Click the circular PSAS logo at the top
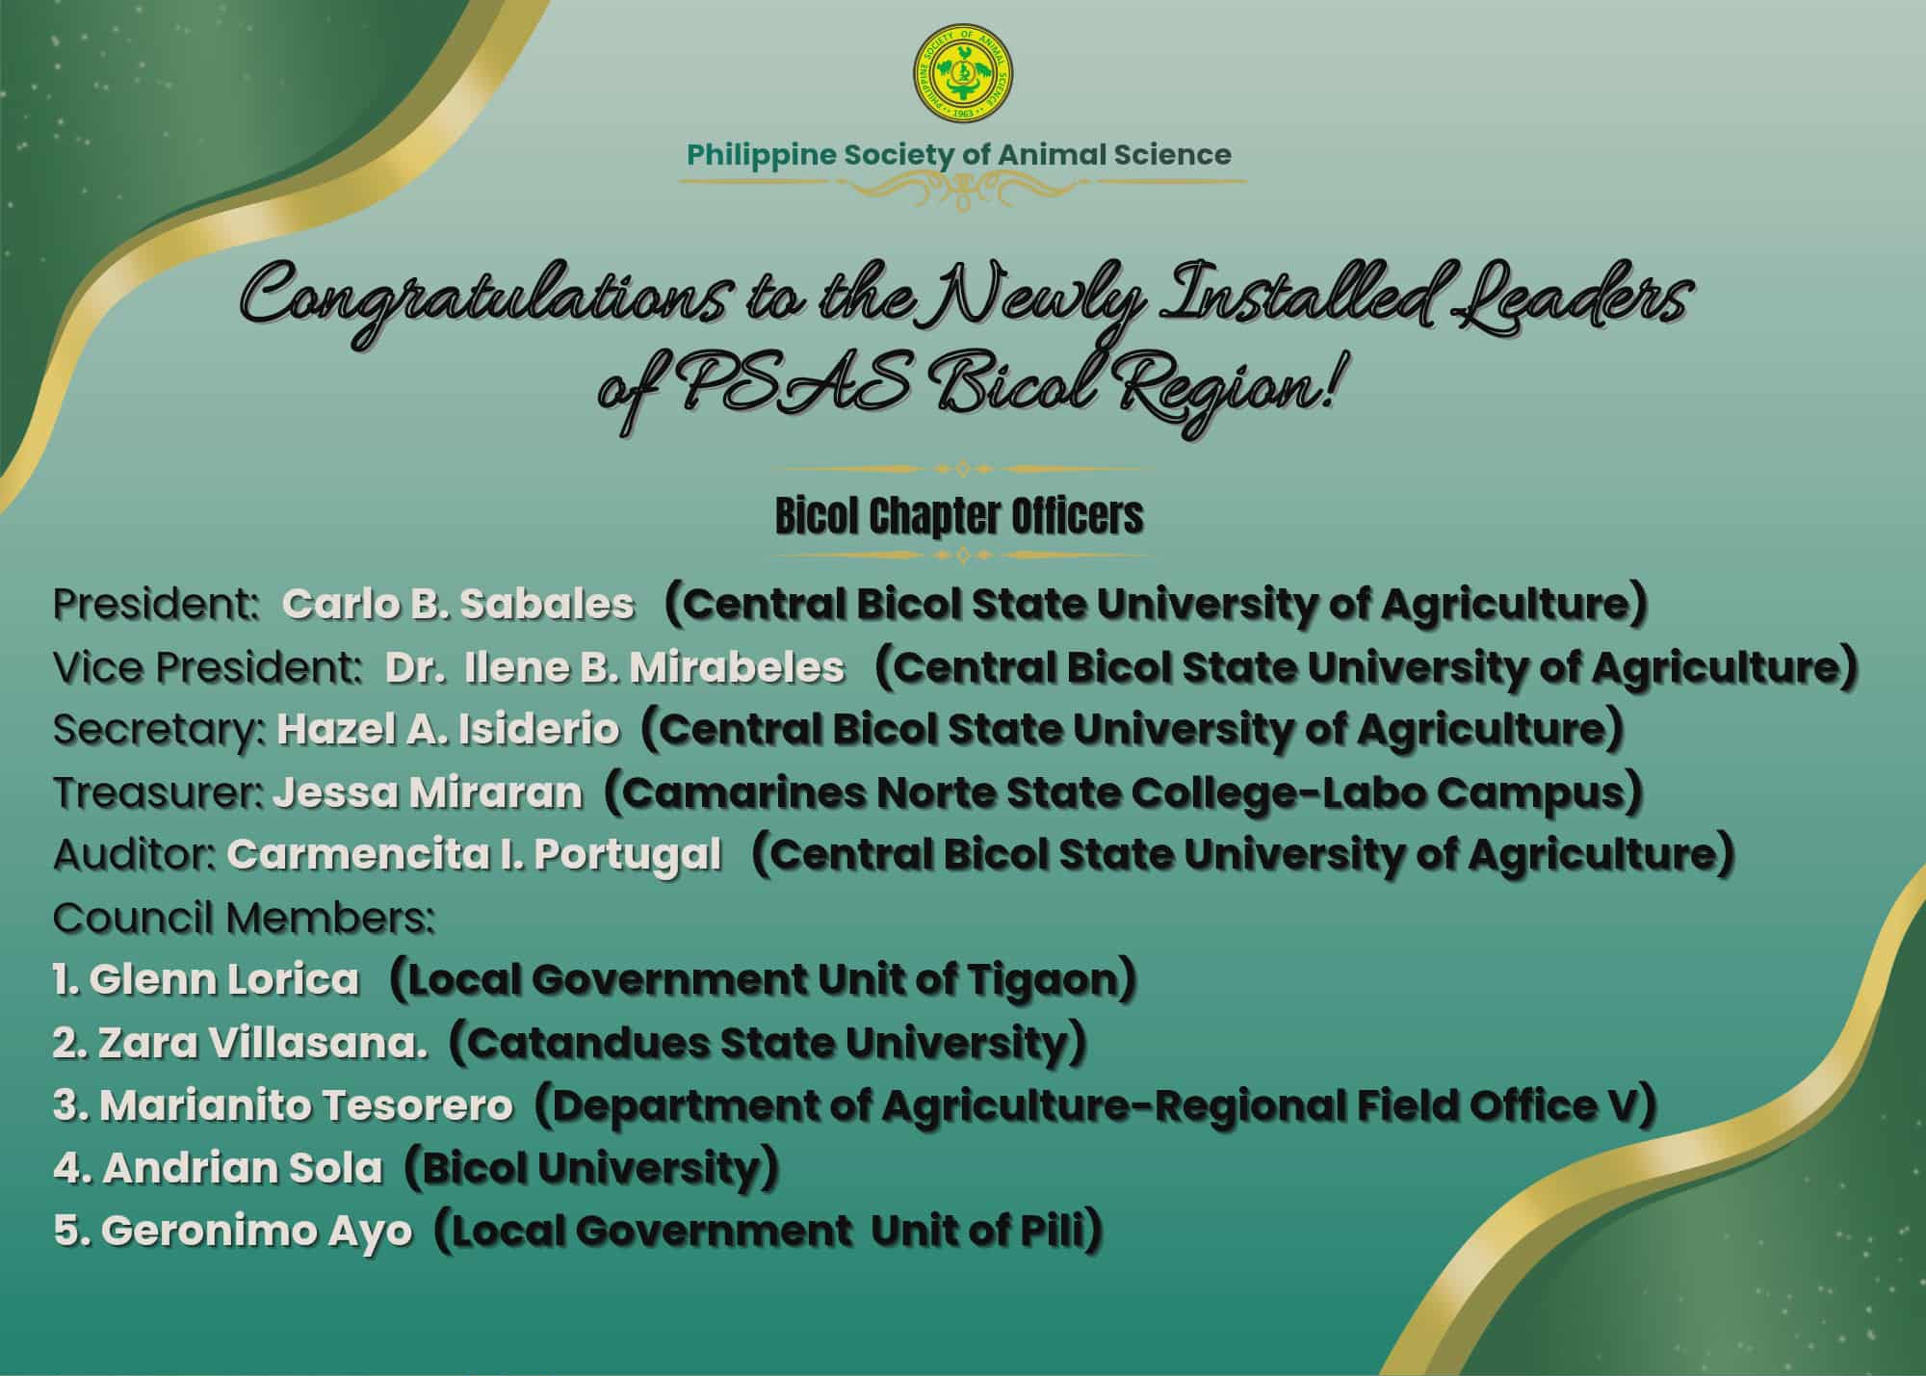tap(963, 79)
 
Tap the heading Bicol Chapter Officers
tap(959, 517)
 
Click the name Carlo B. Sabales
tap(458, 605)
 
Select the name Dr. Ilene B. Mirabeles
tap(614, 667)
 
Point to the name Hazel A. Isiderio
tap(448, 730)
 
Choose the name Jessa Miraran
tap(428, 792)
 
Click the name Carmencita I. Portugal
tap(474, 855)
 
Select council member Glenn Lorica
tap(206, 980)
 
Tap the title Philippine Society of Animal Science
tap(958, 155)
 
